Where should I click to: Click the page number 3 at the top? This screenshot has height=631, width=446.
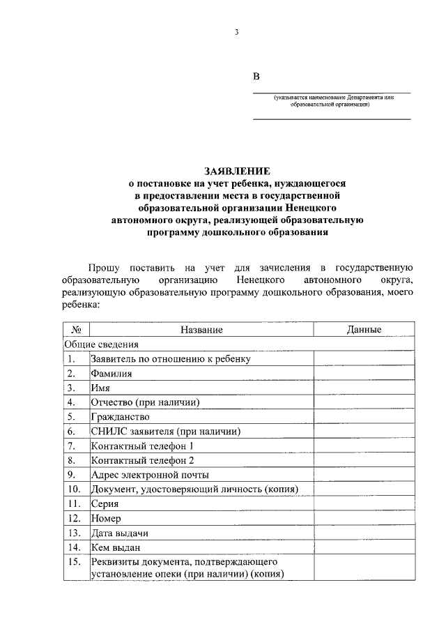click(x=236, y=32)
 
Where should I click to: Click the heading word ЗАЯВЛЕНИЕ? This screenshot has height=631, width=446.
click(x=236, y=170)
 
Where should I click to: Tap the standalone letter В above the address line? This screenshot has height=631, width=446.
click(x=256, y=77)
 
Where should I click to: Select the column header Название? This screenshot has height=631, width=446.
click(x=201, y=330)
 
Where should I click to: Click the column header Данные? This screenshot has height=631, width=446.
click(x=364, y=330)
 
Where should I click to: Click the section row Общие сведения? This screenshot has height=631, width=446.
click(x=102, y=344)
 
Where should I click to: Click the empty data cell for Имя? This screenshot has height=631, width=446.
click(x=364, y=388)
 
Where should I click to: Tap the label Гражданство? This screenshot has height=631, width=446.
click(x=120, y=417)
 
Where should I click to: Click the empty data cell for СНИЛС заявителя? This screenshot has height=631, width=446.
click(x=364, y=432)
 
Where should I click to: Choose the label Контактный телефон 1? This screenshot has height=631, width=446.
click(x=142, y=446)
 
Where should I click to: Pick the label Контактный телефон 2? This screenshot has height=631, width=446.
click(x=142, y=461)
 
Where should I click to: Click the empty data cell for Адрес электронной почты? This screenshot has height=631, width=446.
click(x=364, y=475)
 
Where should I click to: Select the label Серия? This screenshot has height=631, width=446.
click(x=105, y=504)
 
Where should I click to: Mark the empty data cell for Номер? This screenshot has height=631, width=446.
click(x=364, y=519)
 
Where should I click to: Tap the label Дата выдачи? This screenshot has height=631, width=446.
click(x=118, y=533)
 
